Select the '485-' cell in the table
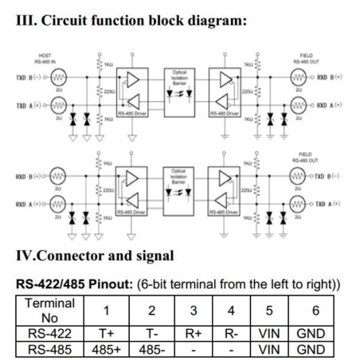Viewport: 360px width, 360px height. [152, 350]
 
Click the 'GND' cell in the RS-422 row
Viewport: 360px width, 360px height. [311, 334]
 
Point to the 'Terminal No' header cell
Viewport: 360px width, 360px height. [50, 310]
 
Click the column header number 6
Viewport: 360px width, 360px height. [311, 311]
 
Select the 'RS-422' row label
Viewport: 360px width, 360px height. [50, 334]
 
